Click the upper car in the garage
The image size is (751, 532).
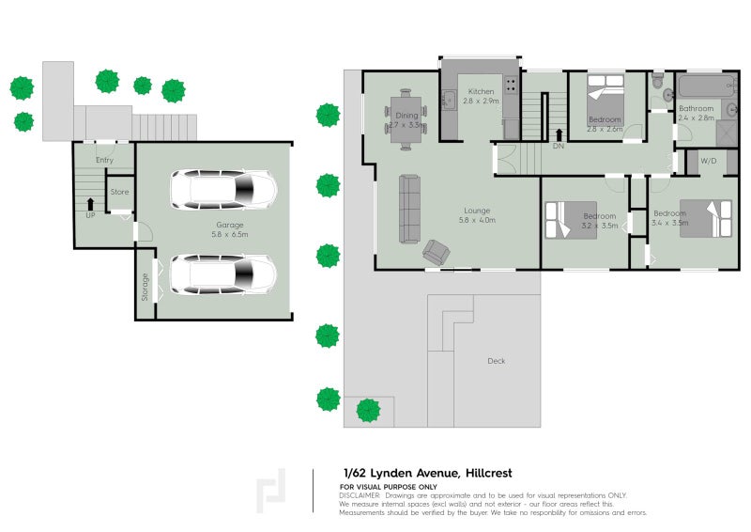(x=223, y=189)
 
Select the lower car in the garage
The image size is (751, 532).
(x=223, y=274)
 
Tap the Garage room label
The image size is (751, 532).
(x=230, y=225)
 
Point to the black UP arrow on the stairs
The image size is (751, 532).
(x=90, y=202)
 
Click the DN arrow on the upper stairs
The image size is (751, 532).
(x=559, y=134)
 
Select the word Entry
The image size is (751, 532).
(x=104, y=160)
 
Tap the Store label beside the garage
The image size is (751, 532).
(x=120, y=192)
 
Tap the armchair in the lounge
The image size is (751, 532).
(x=436, y=251)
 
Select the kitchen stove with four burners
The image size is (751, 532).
(x=510, y=86)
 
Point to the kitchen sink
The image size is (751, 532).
(x=449, y=97)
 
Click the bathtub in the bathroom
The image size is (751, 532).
(x=705, y=90)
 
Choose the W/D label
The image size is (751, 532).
(x=708, y=162)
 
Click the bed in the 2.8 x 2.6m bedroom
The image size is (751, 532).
(x=605, y=95)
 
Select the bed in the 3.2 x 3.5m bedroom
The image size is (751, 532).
(x=566, y=222)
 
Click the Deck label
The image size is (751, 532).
(x=497, y=361)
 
